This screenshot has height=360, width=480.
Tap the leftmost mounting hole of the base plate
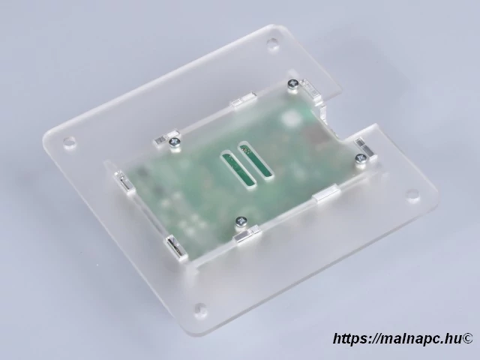[69, 140]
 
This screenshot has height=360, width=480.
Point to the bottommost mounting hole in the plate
[199, 308]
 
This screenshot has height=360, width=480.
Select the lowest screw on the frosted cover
[241, 221]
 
